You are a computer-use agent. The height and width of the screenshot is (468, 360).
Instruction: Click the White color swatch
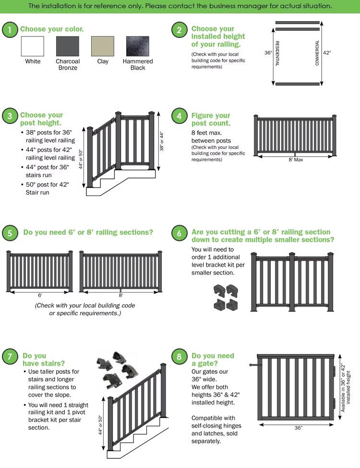click(x=33, y=47)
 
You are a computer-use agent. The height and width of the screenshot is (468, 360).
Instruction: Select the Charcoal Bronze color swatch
click(x=68, y=47)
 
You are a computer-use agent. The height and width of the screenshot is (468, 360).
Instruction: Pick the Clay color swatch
click(x=103, y=47)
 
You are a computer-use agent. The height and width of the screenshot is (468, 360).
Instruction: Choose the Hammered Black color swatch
click(x=138, y=47)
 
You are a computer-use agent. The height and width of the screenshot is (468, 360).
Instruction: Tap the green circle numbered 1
click(x=10, y=30)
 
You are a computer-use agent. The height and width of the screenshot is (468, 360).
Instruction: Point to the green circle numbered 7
click(x=10, y=357)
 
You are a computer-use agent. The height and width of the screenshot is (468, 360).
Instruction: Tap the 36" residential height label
click(x=268, y=53)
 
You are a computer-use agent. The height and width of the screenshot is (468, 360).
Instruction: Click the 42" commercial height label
click(x=327, y=53)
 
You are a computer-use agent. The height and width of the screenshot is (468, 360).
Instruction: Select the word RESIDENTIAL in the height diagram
click(x=278, y=53)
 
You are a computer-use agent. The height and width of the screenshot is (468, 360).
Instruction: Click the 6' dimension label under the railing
click(x=40, y=295)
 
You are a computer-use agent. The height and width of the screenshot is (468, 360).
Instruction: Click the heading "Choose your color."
click(x=52, y=29)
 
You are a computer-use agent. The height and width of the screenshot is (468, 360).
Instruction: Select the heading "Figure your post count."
click(x=211, y=119)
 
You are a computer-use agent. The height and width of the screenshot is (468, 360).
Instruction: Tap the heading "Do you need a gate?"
click(x=213, y=360)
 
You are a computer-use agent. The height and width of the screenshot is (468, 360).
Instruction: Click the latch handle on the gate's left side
click(x=253, y=366)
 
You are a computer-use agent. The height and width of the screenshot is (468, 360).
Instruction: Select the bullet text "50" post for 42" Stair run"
click(x=47, y=188)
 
